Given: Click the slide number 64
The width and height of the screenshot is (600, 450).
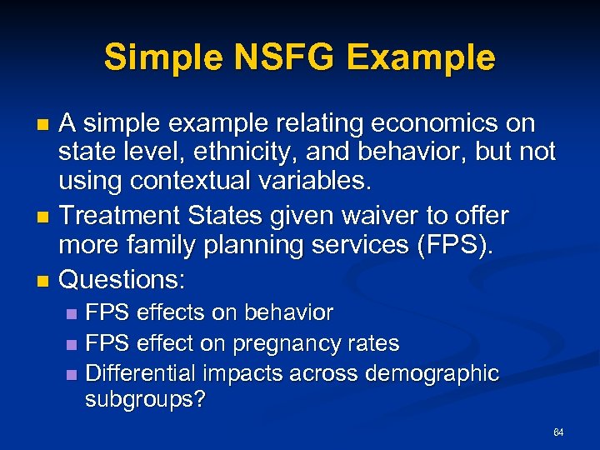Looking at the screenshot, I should coord(558,432).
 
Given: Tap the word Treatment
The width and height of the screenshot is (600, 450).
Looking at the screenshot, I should coord(120,217).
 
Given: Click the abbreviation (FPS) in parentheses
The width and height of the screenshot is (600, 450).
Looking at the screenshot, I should coord(457,246).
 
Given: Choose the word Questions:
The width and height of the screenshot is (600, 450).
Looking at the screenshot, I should coord(122,276).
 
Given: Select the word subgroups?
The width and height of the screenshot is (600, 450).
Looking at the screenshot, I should coord(145,399).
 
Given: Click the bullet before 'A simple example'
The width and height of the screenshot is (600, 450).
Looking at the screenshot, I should coord(44,125).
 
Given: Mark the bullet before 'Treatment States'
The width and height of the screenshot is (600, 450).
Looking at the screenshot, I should coord(44,217).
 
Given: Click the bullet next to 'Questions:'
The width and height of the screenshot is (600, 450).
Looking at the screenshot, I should coord(44,277).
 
